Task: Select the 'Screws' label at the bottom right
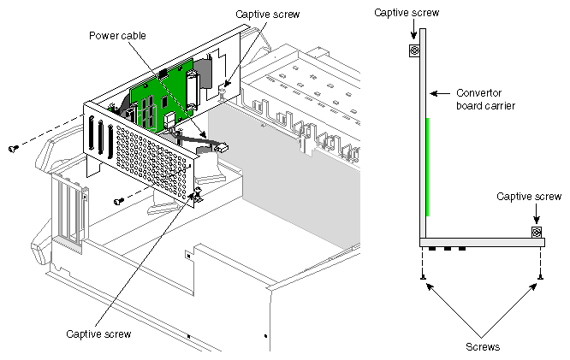483,348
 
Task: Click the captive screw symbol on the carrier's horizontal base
536,233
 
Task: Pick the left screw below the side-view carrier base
423,276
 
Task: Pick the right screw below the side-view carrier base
541,276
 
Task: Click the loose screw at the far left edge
13,149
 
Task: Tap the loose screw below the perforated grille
117,201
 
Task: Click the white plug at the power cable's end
222,148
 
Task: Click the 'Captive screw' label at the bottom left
99,333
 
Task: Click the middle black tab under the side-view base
447,250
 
